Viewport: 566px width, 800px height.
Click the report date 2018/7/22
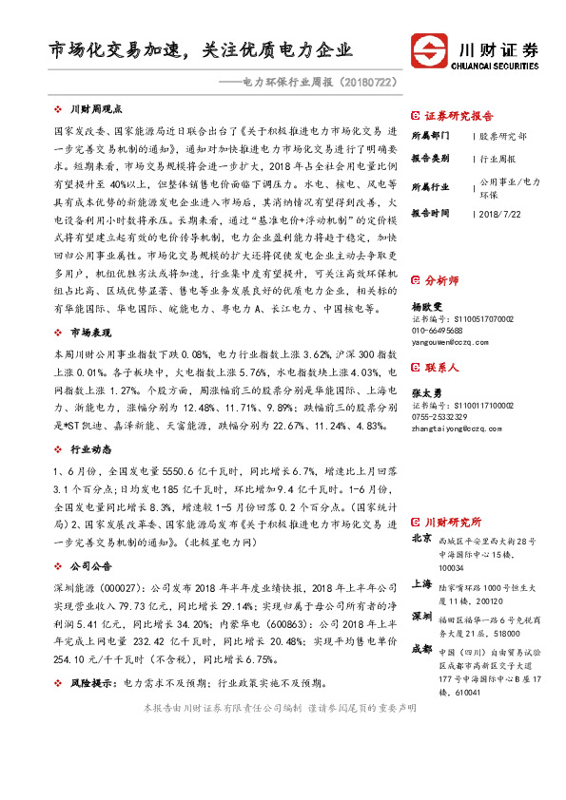point(501,214)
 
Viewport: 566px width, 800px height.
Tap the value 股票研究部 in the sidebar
point(503,137)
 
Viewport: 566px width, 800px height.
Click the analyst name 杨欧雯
point(426,308)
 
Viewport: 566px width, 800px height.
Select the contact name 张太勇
point(426,393)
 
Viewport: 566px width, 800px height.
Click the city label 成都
point(421,650)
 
